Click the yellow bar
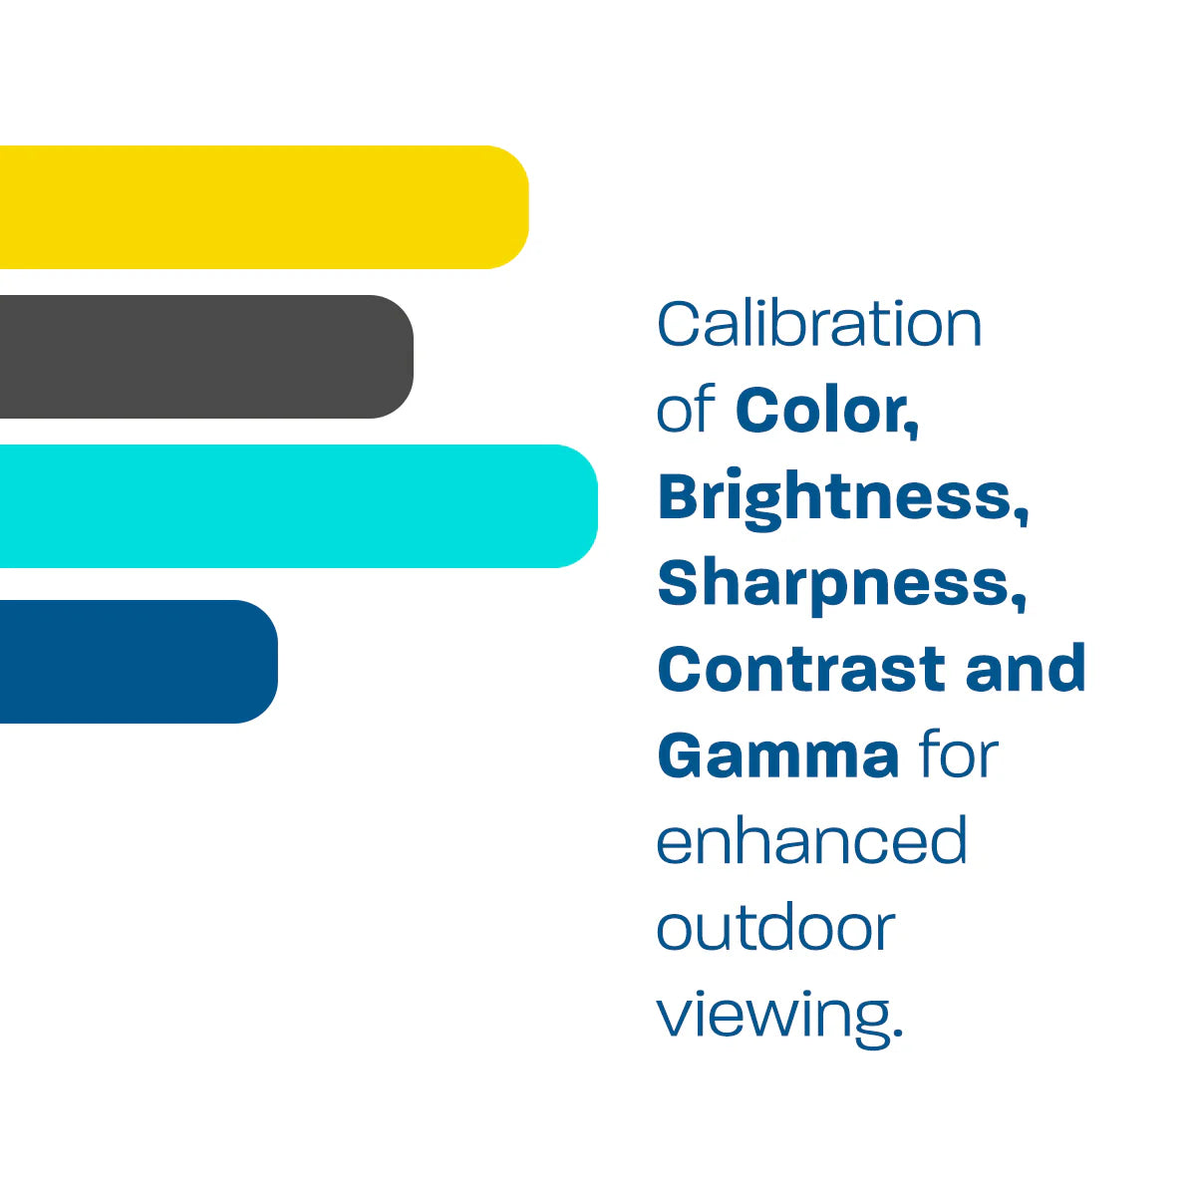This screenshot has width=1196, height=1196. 259,207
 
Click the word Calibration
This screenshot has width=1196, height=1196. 819,324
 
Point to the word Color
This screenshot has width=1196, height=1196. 821,410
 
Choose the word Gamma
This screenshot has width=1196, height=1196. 778,755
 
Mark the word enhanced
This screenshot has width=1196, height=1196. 811,841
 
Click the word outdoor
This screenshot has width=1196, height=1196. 775,928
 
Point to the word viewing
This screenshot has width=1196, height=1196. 771,1015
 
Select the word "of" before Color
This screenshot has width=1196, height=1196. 686,410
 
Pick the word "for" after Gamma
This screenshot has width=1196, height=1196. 958,755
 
